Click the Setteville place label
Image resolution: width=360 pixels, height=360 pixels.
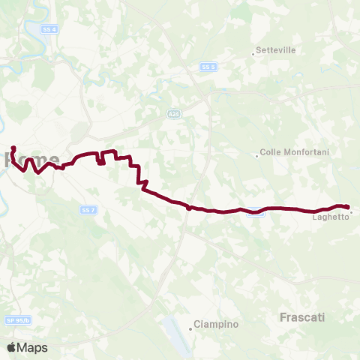click(x=276, y=50)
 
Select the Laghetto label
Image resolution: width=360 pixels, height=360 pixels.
click(x=331, y=217)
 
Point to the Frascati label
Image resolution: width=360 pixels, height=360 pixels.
click(x=301, y=317)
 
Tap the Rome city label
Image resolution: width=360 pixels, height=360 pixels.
click(x=31, y=160)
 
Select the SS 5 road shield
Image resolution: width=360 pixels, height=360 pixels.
click(x=208, y=67)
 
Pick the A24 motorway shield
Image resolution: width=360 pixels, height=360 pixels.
click(x=173, y=113)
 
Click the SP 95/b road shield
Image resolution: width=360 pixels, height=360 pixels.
click(x=18, y=320)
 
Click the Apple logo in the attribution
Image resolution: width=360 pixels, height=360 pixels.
click(x=12, y=347)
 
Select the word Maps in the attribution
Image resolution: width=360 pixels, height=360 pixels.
click(x=33, y=347)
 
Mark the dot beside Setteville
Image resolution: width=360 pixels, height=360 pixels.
click(x=253, y=53)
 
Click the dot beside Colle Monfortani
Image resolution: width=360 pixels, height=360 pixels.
click(x=257, y=156)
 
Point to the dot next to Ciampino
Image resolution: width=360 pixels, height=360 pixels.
click(x=190, y=325)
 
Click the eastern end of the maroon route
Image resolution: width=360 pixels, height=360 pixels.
click(x=349, y=206)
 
